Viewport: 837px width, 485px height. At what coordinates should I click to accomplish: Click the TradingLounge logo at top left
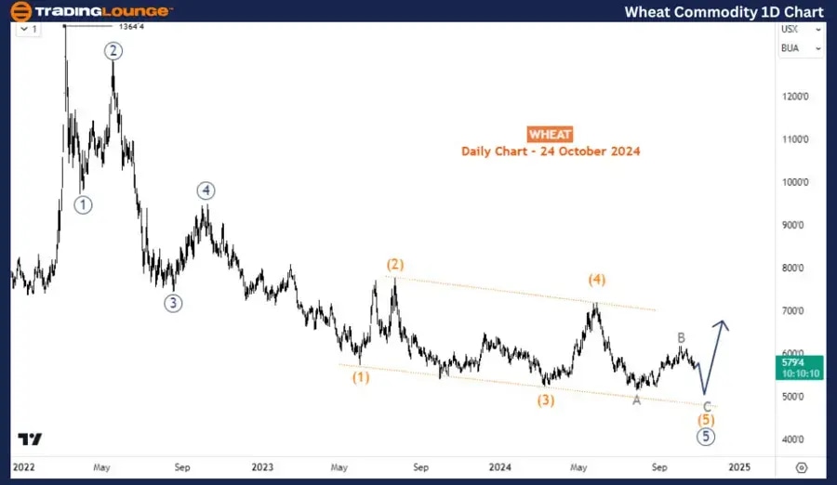tap(91, 11)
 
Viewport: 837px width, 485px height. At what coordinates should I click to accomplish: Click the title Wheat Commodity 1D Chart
tap(724, 11)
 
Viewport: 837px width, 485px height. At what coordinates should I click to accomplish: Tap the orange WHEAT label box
tap(550, 134)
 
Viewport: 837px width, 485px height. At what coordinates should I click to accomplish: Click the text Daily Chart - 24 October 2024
tap(550, 151)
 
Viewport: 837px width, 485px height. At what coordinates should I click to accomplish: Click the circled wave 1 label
tap(84, 205)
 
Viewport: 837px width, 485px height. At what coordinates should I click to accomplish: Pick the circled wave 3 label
tap(173, 302)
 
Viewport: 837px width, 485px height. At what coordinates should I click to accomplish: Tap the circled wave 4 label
tap(206, 190)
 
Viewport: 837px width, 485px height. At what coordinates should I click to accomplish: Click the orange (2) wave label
tap(395, 265)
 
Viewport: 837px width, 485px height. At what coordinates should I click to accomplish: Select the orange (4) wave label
tap(597, 280)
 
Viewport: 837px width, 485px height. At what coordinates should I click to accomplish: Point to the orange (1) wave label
tap(361, 377)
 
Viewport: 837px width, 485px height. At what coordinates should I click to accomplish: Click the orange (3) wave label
tap(545, 400)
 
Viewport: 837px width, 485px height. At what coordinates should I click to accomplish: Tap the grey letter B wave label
tap(682, 337)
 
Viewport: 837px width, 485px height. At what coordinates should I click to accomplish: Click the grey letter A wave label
tap(636, 400)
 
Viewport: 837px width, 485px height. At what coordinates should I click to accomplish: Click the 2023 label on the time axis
tap(262, 467)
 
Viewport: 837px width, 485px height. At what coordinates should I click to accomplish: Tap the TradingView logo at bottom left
tap(29, 439)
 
